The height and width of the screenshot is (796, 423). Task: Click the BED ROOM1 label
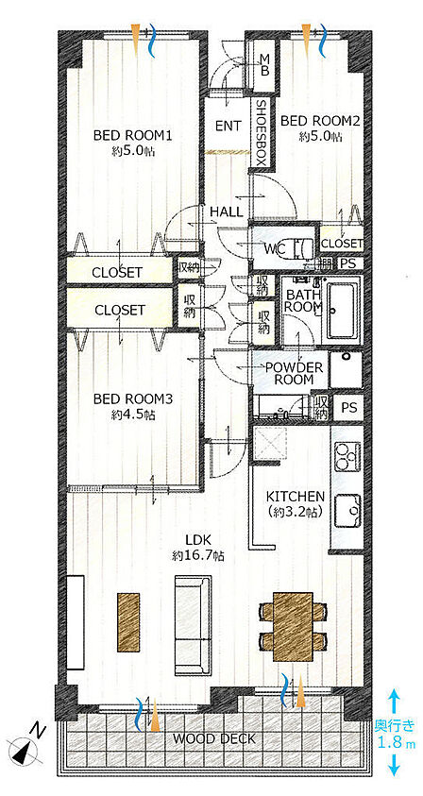point(133,136)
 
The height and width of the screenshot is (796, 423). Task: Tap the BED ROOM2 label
point(320,121)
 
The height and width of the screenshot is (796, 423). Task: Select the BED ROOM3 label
point(133,399)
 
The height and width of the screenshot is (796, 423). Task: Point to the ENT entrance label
point(228,126)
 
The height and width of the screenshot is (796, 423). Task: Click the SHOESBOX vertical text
point(260,134)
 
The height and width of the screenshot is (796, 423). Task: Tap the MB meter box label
point(264,64)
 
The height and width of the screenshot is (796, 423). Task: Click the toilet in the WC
point(301,248)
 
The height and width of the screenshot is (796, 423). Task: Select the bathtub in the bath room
point(344,311)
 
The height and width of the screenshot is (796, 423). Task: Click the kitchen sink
point(348,511)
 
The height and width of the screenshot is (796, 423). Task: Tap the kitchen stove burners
point(348,458)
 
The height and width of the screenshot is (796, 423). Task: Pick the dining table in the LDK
point(293,626)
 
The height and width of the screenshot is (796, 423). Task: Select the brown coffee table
point(128,622)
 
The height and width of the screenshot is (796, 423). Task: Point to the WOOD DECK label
point(213,738)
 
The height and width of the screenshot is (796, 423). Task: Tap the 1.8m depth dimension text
point(396,743)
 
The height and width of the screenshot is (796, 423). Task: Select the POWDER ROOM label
point(294,373)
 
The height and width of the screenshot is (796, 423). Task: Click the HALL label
point(227,212)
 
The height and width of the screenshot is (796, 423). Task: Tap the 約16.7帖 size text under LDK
point(198,555)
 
